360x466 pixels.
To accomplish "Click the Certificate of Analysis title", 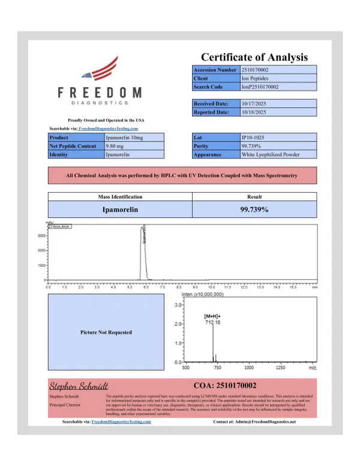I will pos(254,57).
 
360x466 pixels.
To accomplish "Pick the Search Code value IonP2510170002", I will pos(260,87).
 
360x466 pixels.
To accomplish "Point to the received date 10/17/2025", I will pos(254,104).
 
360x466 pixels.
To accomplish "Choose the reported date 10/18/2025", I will pos(254,112).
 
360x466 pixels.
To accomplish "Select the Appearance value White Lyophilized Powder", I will pos(270,154).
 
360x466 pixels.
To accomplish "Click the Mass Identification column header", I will pos(120,196).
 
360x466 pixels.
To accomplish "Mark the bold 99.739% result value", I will pos(254,210).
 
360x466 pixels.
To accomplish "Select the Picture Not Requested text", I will pos(106,332).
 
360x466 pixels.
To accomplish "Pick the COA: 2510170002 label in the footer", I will pos(226,386).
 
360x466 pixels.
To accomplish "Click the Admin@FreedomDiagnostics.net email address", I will pos(267,422).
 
